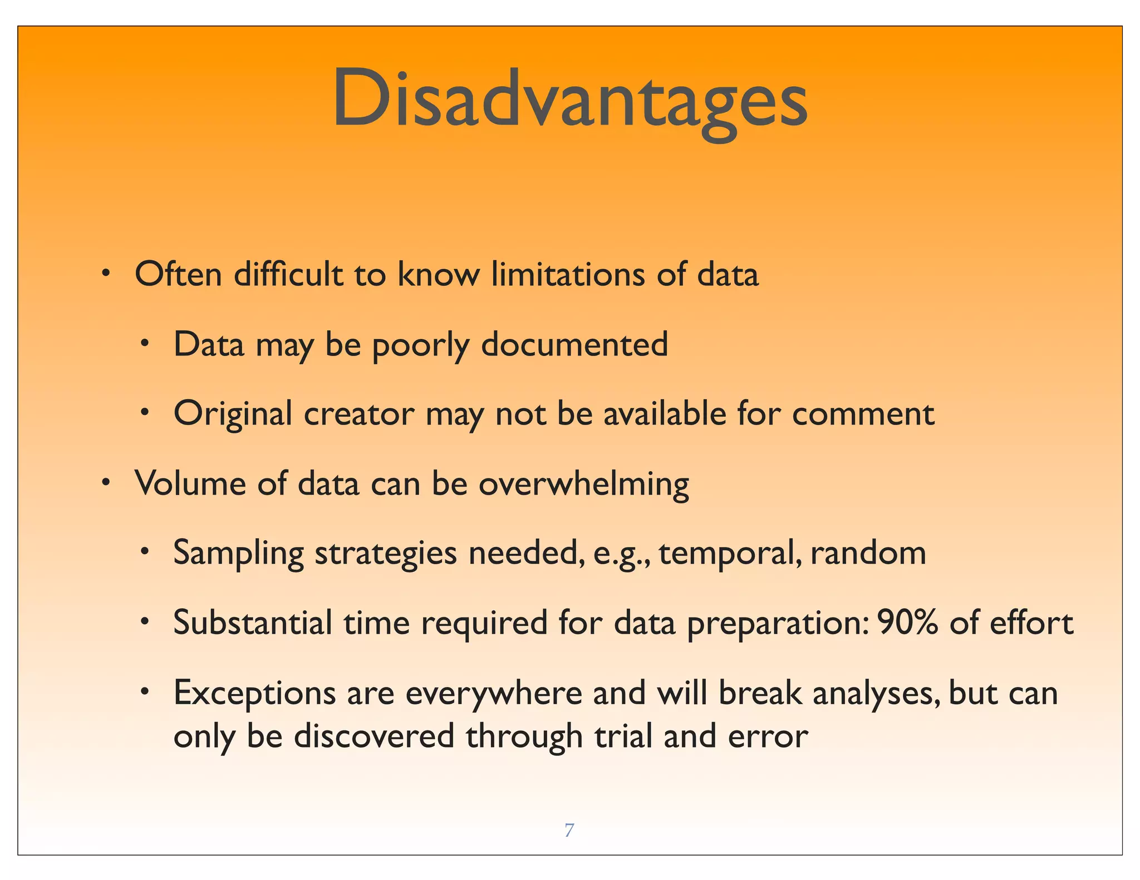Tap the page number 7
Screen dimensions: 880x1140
569,830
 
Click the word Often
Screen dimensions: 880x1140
178,274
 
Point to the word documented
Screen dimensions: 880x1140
574,344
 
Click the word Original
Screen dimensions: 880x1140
233,414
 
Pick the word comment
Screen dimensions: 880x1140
863,414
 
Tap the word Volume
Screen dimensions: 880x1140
190,483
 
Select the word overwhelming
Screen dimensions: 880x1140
583,484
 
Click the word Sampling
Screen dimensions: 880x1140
238,554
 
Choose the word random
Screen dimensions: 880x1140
868,553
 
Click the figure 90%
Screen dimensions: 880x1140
907,622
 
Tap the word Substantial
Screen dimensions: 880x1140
253,622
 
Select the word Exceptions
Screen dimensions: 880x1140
254,694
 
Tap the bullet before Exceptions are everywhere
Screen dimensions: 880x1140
144,692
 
